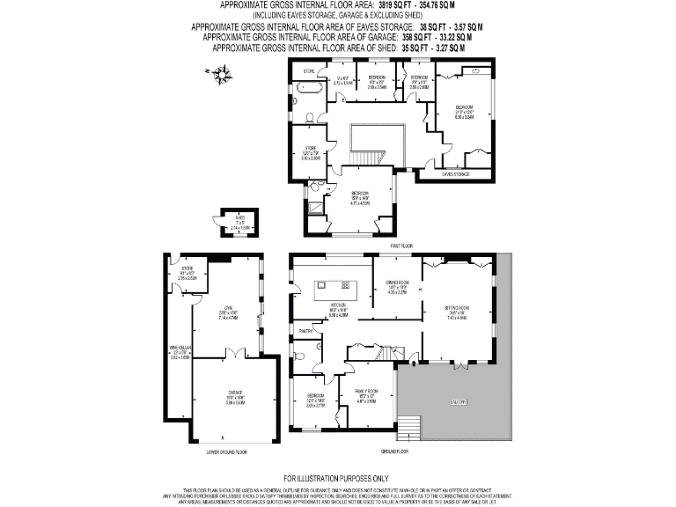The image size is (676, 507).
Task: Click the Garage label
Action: coord(235,393)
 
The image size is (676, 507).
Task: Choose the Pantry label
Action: coord(306,331)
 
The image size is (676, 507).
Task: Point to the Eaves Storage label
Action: coord(455,174)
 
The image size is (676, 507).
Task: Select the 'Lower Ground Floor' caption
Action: coord(226,452)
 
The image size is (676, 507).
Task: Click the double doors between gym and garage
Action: coord(231,353)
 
